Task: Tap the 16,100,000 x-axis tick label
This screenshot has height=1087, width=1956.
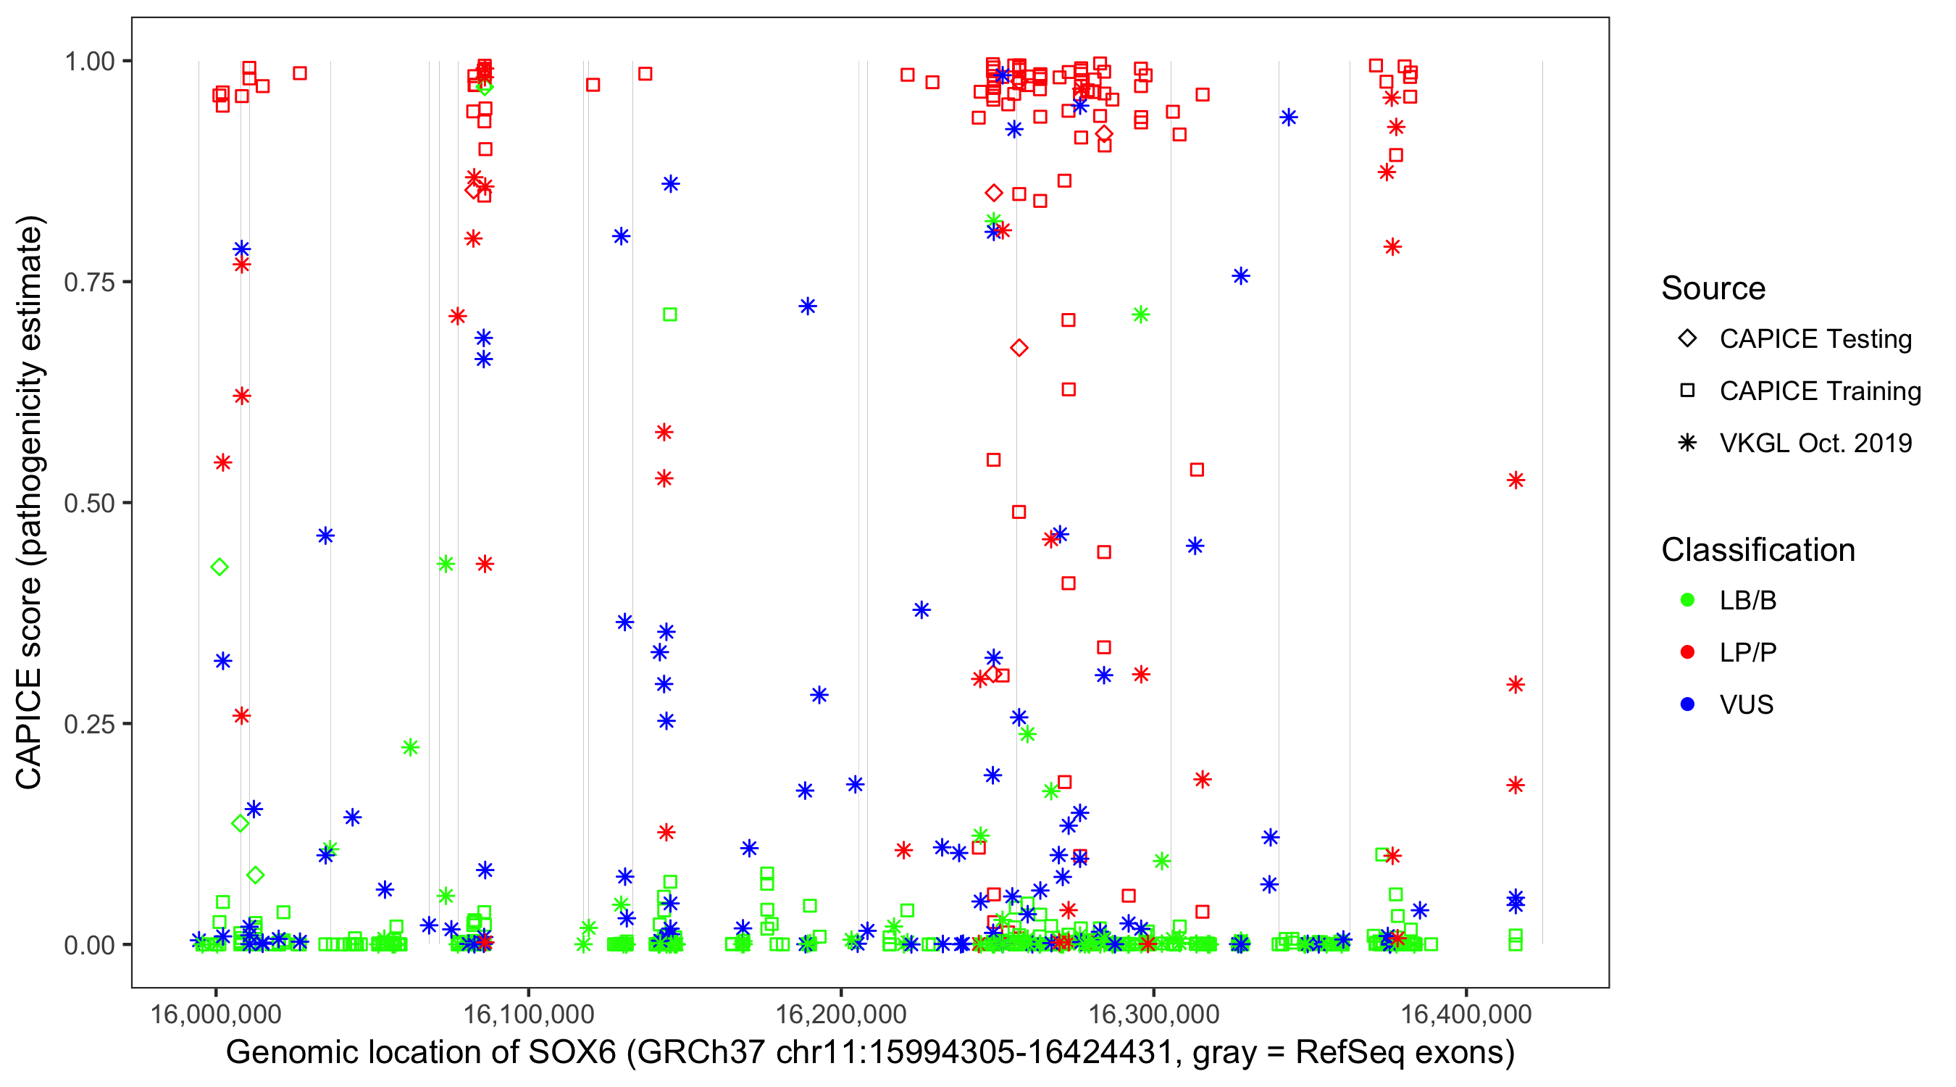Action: (x=529, y=1013)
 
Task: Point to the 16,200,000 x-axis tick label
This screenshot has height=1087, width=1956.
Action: (x=840, y=1013)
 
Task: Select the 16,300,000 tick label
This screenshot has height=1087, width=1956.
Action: (x=1153, y=1013)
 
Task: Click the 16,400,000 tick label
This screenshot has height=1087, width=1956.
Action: (x=1466, y=1013)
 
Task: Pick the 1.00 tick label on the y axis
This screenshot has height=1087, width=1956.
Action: (x=89, y=62)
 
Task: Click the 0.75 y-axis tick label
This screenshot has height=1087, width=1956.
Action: (x=89, y=283)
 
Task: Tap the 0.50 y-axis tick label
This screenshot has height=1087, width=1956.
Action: (x=89, y=503)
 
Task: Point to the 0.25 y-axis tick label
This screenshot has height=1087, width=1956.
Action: (x=89, y=724)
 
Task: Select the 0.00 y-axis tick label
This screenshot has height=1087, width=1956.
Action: (x=89, y=945)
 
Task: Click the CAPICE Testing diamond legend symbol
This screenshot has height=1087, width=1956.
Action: (x=1687, y=339)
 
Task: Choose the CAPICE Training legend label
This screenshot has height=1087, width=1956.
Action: (x=1820, y=391)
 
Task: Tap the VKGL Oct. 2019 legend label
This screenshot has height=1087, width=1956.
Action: (x=1815, y=443)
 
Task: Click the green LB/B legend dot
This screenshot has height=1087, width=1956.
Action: (x=1687, y=600)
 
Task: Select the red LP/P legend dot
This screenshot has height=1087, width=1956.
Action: (x=1687, y=652)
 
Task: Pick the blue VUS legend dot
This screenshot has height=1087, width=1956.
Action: (x=1687, y=704)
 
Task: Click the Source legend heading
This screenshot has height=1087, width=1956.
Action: (x=1713, y=288)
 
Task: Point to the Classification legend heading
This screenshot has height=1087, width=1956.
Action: (x=1758, y=550)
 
